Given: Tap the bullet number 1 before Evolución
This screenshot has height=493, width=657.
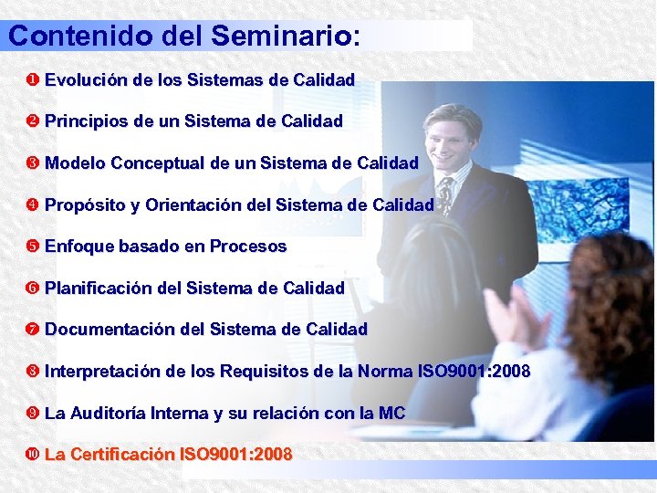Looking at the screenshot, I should [x=35, y=80].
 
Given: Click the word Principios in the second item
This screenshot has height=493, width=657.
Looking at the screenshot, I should [x=85, y=121].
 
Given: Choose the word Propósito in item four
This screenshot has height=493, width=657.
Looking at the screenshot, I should [x=86, y=205].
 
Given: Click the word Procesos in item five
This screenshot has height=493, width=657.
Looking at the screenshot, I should [x=248, y=246].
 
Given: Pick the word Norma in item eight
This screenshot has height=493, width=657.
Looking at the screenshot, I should [x=384, y=372].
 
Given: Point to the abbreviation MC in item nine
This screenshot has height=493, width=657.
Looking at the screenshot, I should [x=391, y=414].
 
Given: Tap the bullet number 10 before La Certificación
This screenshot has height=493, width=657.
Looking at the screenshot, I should [x=35, y=455].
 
